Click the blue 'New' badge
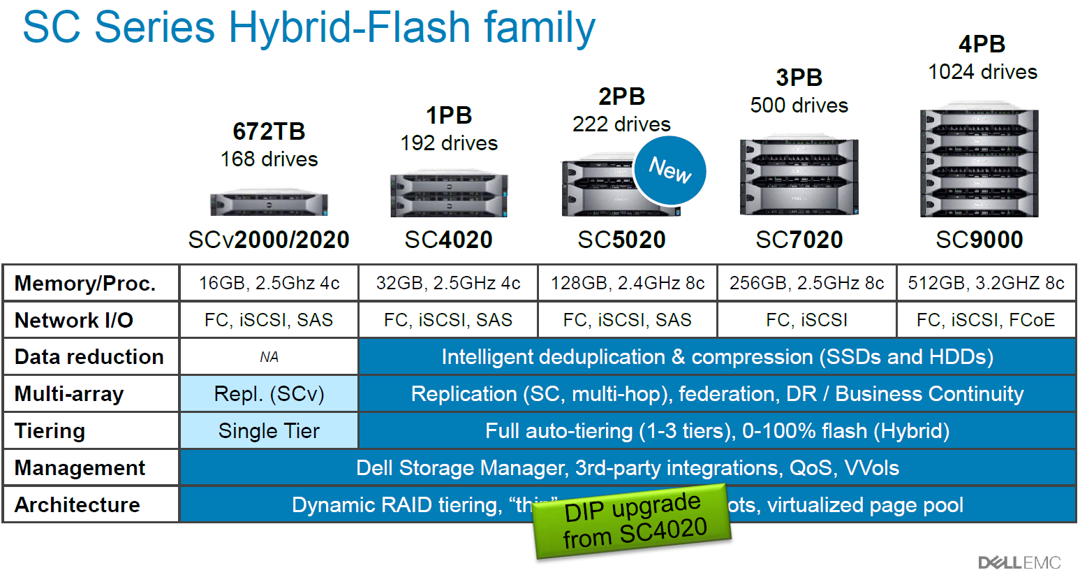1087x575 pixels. coord(670,170)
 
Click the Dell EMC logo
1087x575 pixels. coord(1019,562)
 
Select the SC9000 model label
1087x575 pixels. coord(979,240)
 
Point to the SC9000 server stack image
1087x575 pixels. coord(979,163)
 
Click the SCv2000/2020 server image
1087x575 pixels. coord(269,203)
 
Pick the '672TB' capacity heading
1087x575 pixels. coord(269,131)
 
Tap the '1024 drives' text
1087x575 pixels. coord(982,72)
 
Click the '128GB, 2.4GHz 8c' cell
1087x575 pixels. coord(627,283)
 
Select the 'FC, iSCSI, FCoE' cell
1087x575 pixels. coord(986,320)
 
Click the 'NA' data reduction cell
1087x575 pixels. coord(269,357)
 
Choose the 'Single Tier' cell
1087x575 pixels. coord(269,431)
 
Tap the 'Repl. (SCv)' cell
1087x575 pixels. coord(269,394)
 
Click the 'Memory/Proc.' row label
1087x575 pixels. coord(85,284)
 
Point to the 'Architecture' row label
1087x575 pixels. coord(77,504)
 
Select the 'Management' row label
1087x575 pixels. coord(80,467)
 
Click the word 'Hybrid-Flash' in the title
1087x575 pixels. coord(350,28)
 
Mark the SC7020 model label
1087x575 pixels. coord(799,240)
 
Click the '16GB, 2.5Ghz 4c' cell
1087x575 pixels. coord(269,283)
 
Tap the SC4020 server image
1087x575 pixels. coord(449,196)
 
